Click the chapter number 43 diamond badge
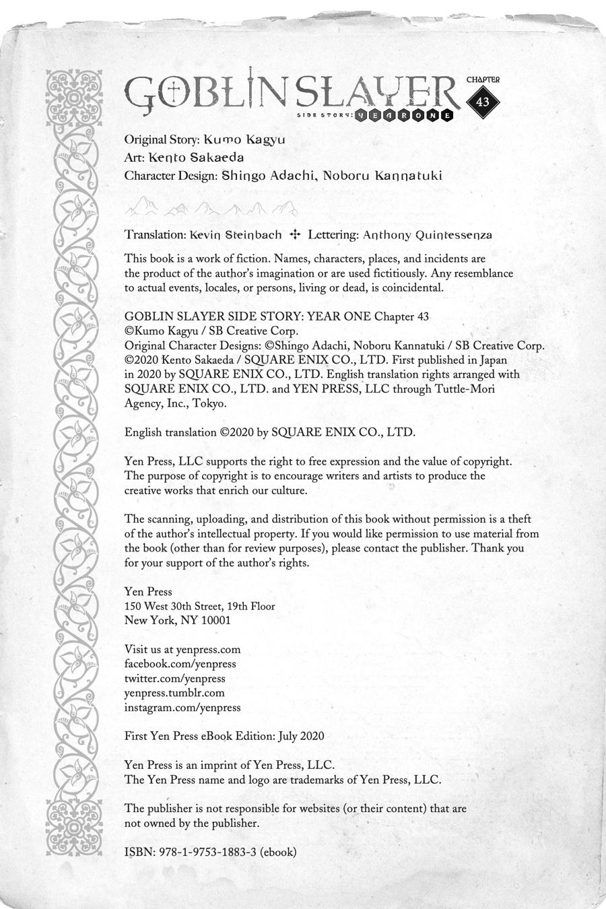pyautogui.click(x=483, y=102)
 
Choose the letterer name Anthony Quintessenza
pyautogui.click(x=427, y=235)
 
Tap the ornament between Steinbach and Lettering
pyautogui.click(x=294, y=234)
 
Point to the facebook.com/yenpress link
pyautogui.click(x=180, y=664)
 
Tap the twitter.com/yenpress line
pyautogui.click(x=175, y=679)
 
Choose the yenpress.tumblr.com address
pyautogui.click(x=174, y=693)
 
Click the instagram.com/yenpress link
pyautogui.click(x=182, y=708)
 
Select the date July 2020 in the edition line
pyautogui.click(x=300, y=736)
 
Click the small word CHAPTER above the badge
pyautogui.click(x=483, y=79)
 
